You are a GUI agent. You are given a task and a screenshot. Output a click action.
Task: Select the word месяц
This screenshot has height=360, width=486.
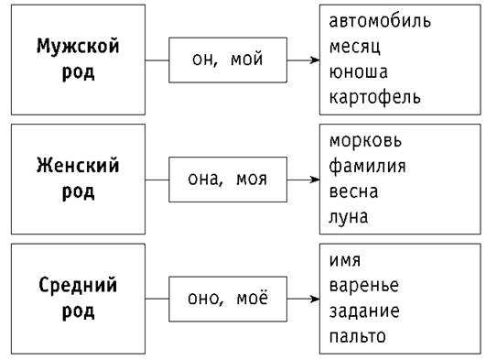click(x=357, y=45)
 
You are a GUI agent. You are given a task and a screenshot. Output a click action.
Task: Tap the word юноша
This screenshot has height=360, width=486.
click(x=358, y=71)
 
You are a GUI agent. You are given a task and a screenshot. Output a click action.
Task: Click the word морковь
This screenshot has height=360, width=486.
click(x=365, y=142)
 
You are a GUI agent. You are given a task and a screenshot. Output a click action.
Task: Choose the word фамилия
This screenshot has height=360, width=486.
click(x=367, y=167)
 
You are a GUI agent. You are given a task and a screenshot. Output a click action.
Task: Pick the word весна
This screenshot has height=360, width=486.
click(x=353, y=191)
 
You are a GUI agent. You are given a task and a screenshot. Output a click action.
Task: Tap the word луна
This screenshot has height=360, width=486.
click(x=349, y=217)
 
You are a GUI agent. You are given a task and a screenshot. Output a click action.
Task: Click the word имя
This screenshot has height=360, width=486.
click(x=344, y=261)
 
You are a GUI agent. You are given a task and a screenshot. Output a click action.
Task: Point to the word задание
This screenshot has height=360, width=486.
click(x=363, y=311)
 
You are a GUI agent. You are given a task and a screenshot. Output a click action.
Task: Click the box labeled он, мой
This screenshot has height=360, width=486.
click(x=228, y=60)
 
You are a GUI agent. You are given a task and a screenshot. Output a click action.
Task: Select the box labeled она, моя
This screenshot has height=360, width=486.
click(x=228, y=179)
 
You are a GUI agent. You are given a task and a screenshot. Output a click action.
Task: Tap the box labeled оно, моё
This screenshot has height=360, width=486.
click(x=228, y=299)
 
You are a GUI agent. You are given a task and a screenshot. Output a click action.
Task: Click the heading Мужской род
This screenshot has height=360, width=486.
click(x=78, y=58)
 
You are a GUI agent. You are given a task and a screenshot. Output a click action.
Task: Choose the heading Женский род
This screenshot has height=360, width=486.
click(x=78, y=178)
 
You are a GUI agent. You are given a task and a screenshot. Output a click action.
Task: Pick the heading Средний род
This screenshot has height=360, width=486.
click(x=78, y=297)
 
